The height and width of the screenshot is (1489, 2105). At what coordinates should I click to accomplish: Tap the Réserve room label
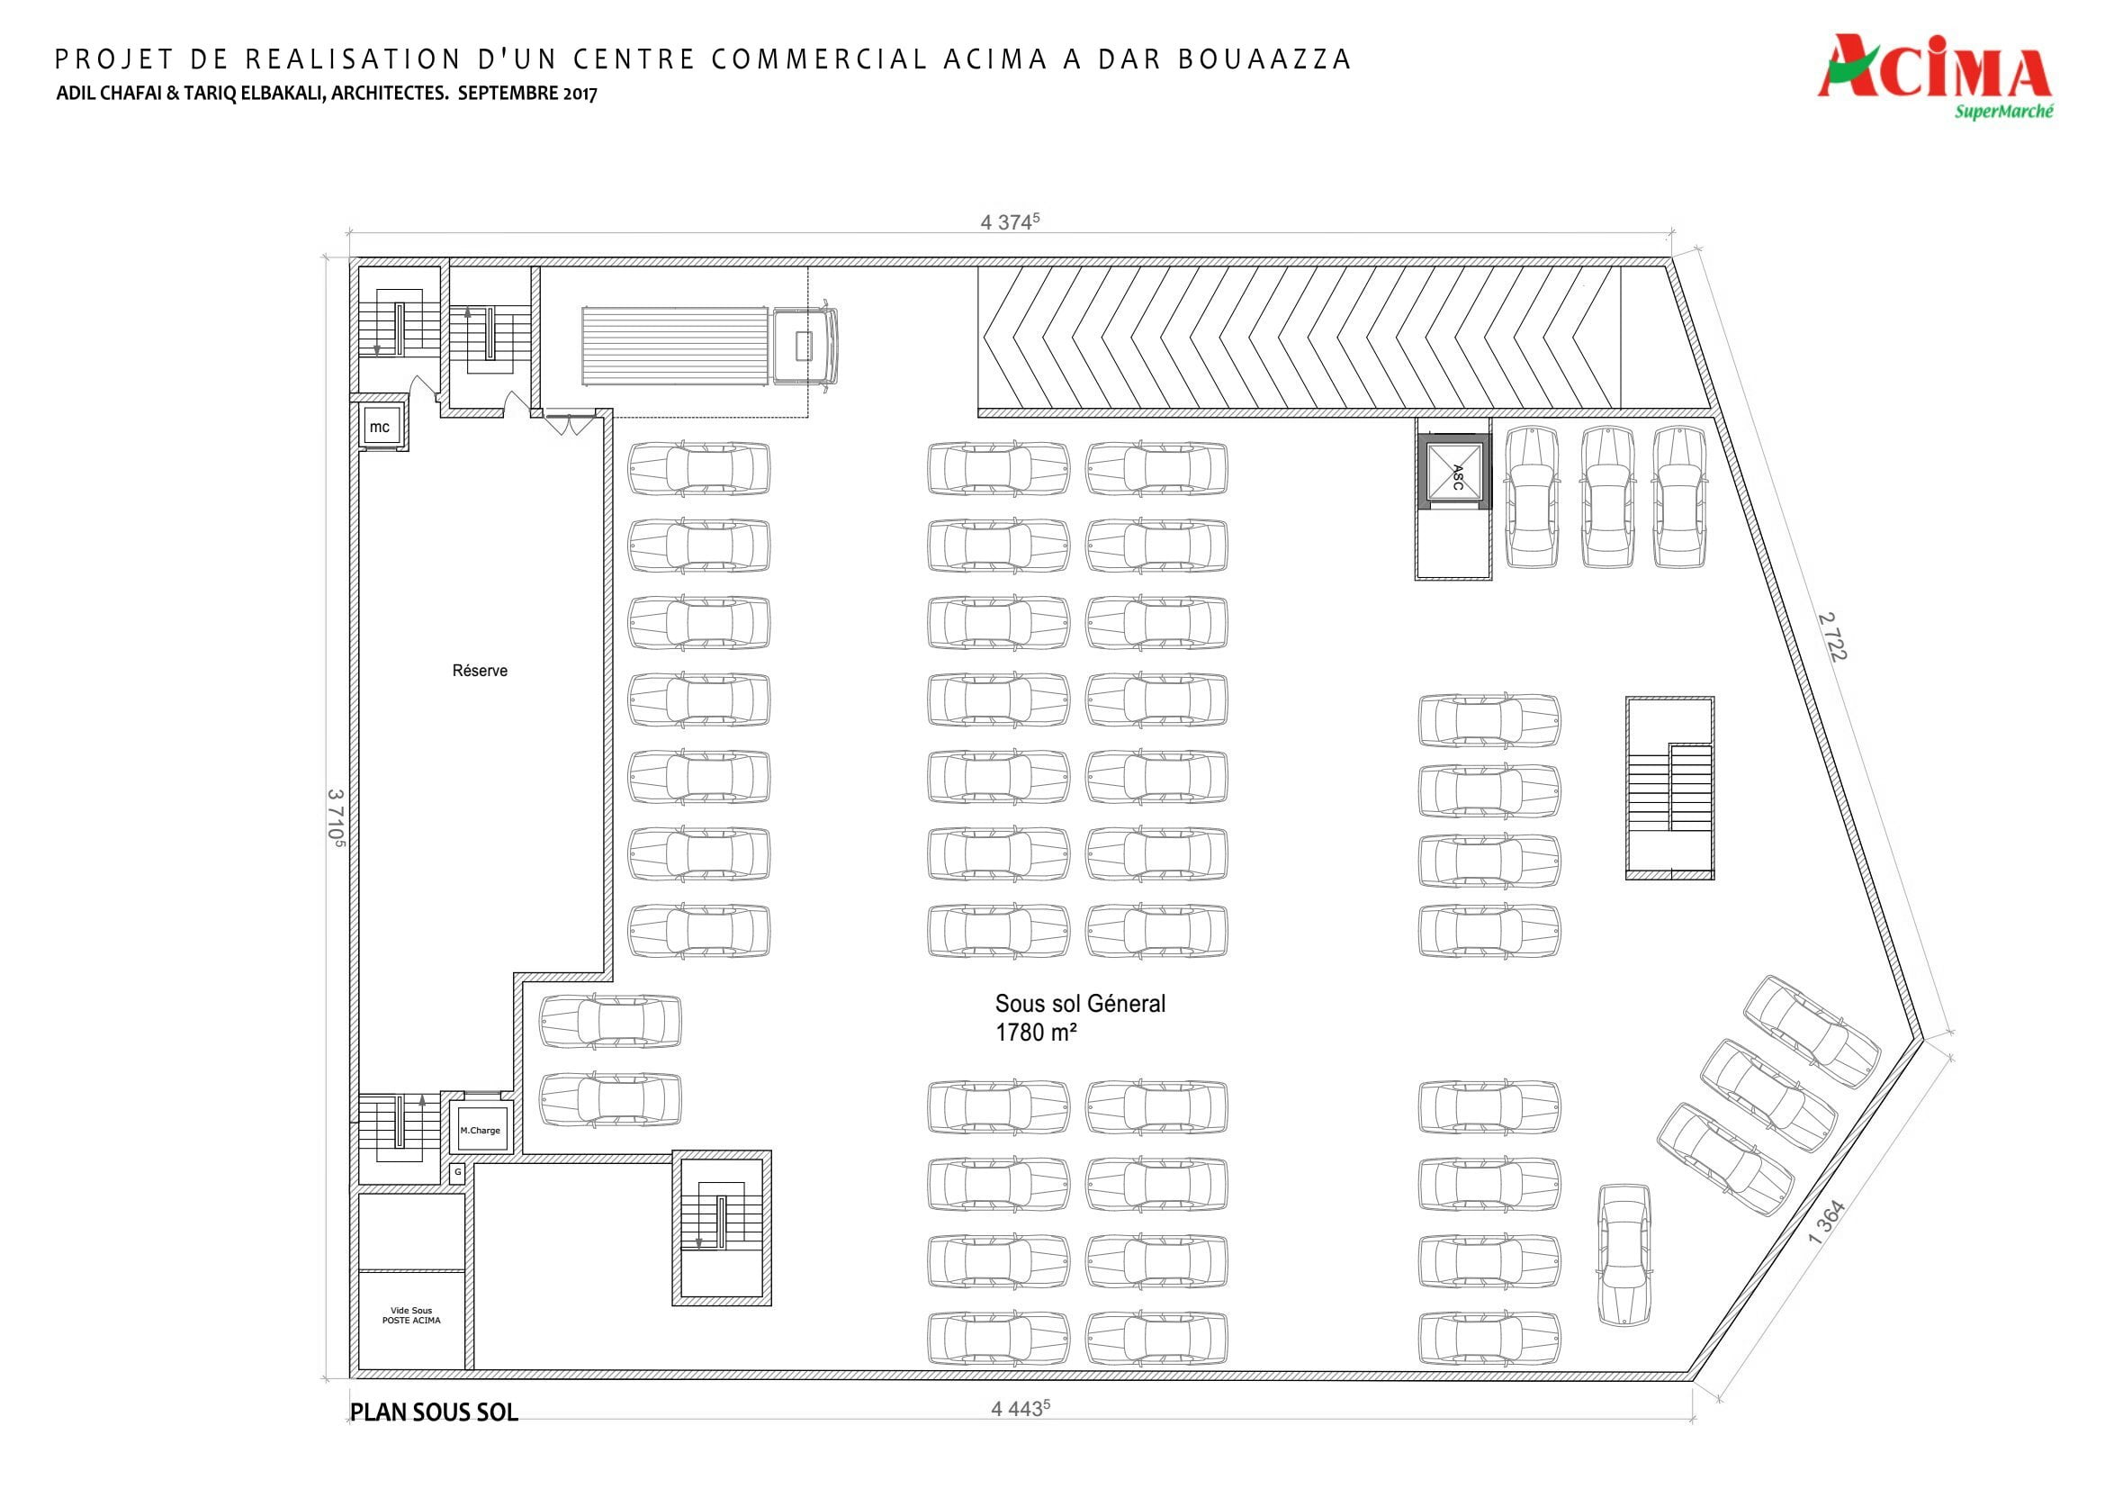coord(480,671)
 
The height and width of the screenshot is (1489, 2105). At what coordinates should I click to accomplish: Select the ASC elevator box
coord(1454,474)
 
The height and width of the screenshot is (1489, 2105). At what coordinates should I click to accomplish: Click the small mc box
coord(380,427)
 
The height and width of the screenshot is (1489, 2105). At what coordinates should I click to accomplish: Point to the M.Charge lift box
coord(481,1130)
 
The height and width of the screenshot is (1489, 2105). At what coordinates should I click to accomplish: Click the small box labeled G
coord(457,1172)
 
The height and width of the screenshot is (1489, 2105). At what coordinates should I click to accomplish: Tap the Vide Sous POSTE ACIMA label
coord(410,1314)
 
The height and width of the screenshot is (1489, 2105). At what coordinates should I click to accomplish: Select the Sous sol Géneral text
coord(1080,1003)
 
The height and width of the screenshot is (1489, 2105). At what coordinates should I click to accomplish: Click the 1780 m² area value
coord(1036,1033)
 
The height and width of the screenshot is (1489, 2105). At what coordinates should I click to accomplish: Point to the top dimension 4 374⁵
coord(1011,221)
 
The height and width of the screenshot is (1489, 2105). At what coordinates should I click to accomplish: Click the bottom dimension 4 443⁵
coord(1021,1408)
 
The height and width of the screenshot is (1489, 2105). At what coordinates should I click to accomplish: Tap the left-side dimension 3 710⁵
coord(336,818)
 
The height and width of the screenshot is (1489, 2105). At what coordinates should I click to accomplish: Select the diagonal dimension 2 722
coord(1832,636)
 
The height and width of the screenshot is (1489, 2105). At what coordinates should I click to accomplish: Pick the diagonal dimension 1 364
coord(1825,1223)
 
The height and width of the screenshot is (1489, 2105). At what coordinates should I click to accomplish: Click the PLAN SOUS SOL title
coord(435,1411)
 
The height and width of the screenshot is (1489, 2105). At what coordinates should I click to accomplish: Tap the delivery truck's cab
coord(804,346)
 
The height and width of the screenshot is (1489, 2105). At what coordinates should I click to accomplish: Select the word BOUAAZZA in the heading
coord(1264,59)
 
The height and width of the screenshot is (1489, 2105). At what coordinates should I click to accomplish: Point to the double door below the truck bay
coord(569,424)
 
